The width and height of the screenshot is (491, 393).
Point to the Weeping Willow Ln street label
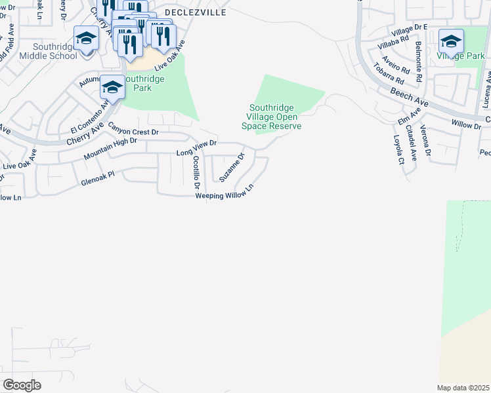pyautogui.click(x=224, y=195)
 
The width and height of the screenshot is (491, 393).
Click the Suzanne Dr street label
pyautogui.click(x=232, y=168)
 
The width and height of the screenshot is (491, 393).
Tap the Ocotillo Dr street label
pyautogui.click(x=196, y=174)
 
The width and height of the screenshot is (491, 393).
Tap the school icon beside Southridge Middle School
pyautogui.click(x=86, y=38)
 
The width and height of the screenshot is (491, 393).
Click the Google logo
pyautogui.click(x=22, y=385)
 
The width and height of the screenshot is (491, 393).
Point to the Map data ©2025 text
pyautogui.click(x=463, y=387)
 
